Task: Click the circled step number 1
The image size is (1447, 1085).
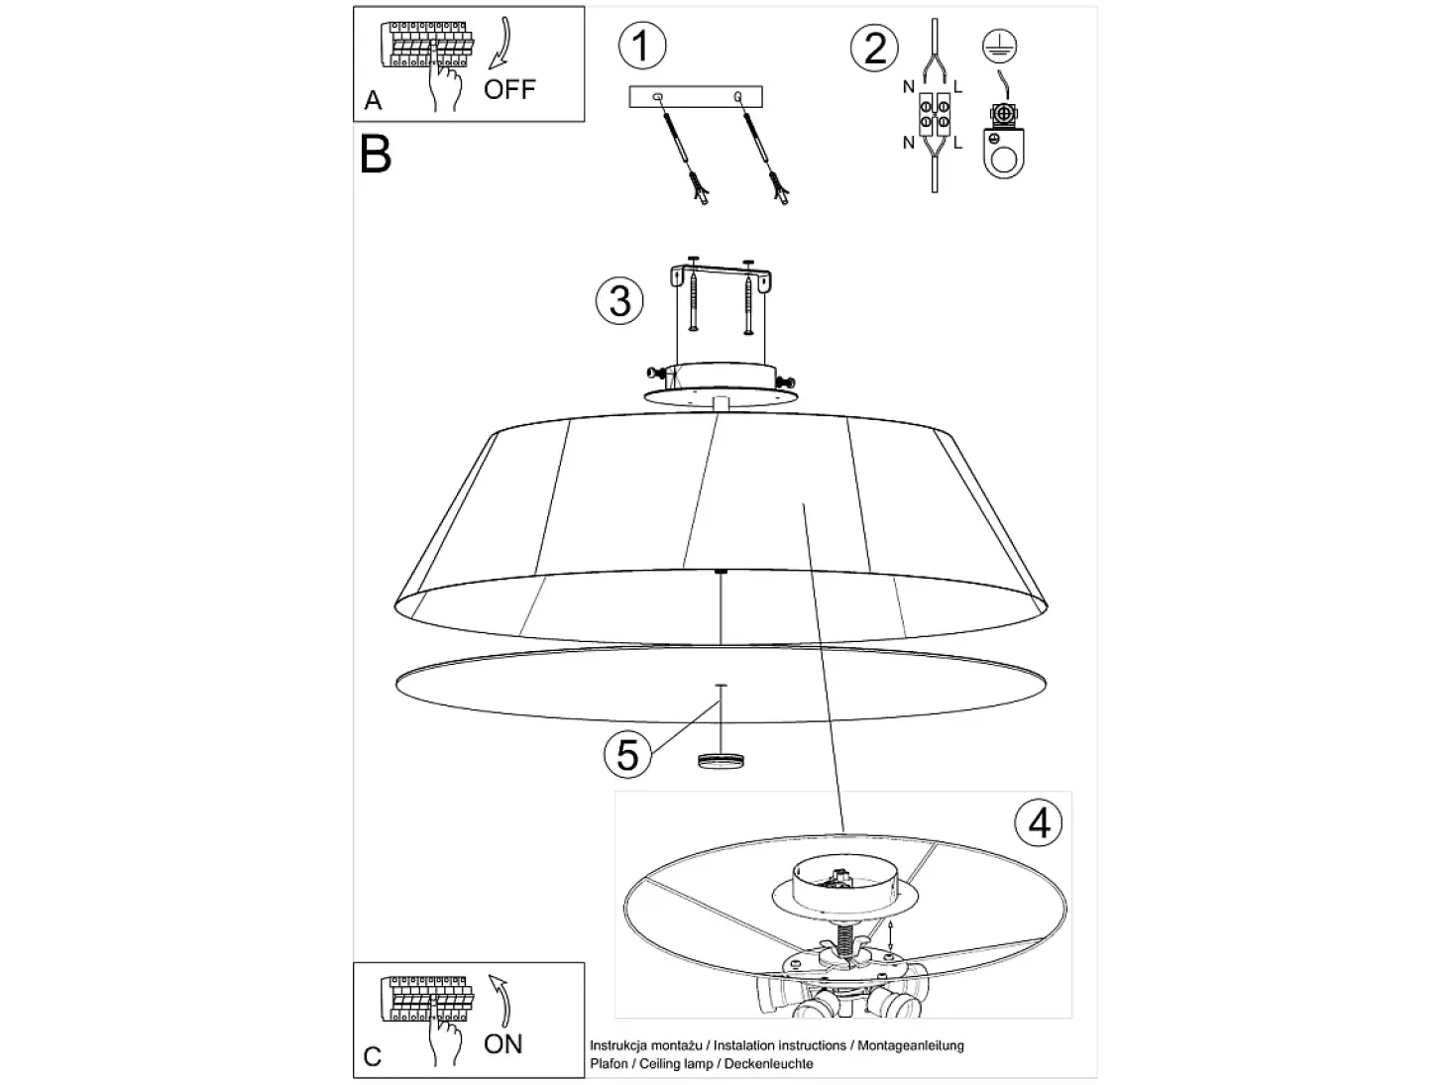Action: click(641, 46)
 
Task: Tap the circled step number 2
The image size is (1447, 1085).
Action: click(874, 49)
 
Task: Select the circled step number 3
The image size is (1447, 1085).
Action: click(619, 300)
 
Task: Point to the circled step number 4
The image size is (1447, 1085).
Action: click(1039, 822)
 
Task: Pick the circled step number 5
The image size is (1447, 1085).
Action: click(627, 754)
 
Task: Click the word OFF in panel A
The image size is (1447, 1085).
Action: click(509, 89)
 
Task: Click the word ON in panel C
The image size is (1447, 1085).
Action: click(503, 1044)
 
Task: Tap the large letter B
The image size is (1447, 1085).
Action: click(376, 155)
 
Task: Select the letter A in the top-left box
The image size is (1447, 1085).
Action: click(373, 101)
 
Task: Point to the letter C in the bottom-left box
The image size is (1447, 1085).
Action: click(373, 1057)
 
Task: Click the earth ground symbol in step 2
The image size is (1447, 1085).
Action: click(999, 47)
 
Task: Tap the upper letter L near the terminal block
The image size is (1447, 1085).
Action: click(957, 86)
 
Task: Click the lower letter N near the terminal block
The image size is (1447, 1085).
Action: click(909, 143)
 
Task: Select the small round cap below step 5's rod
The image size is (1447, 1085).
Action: click(721, 760)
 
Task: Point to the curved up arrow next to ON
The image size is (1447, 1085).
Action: click(500, 1001)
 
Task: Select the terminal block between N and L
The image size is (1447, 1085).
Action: click(935, 115)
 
